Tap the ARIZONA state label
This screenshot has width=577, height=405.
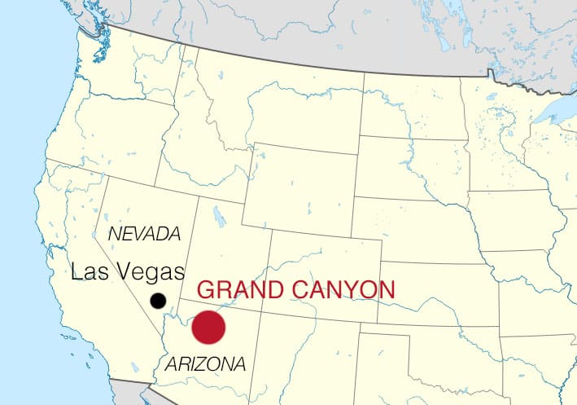click(204, 363)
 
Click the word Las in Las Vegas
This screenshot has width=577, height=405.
click(87, 272)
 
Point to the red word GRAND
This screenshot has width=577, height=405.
click(235, 289)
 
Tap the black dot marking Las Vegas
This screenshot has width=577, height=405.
click(158, 301)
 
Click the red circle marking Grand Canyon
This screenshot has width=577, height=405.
click(208, 327)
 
